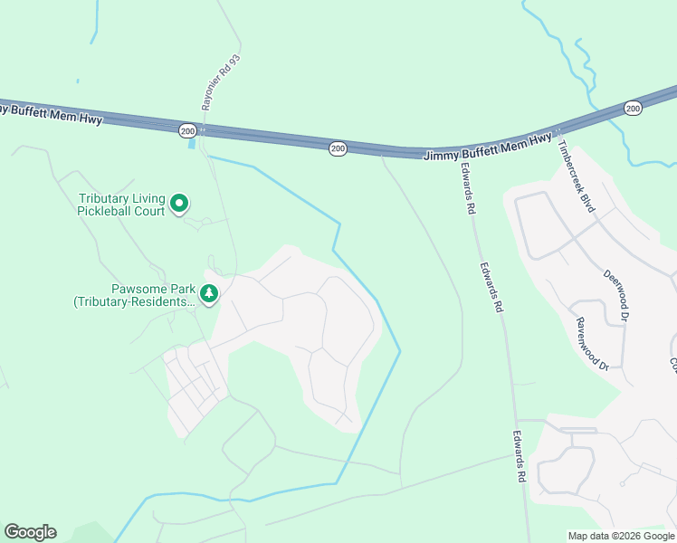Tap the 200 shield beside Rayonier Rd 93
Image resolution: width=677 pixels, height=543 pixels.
click(186, 130)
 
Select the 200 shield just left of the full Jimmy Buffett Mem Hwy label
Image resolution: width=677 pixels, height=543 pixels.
click(337, 148)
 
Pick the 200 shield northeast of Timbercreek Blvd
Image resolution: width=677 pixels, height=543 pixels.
click(633, 109)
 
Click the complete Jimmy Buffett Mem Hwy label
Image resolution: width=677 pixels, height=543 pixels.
click(488, 146)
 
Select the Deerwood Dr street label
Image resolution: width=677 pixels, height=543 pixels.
click(615, 295)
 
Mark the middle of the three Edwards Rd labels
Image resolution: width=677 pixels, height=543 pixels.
click(491, 288)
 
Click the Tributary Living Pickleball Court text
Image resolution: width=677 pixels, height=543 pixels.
click(121, 205)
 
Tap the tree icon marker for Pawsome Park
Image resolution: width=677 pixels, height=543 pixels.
click(209, 293)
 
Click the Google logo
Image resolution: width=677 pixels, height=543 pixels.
click(30, 532)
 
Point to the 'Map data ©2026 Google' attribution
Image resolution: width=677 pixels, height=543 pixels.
click(620, 536)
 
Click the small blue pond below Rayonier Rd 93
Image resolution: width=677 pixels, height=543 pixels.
click(191, 144)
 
